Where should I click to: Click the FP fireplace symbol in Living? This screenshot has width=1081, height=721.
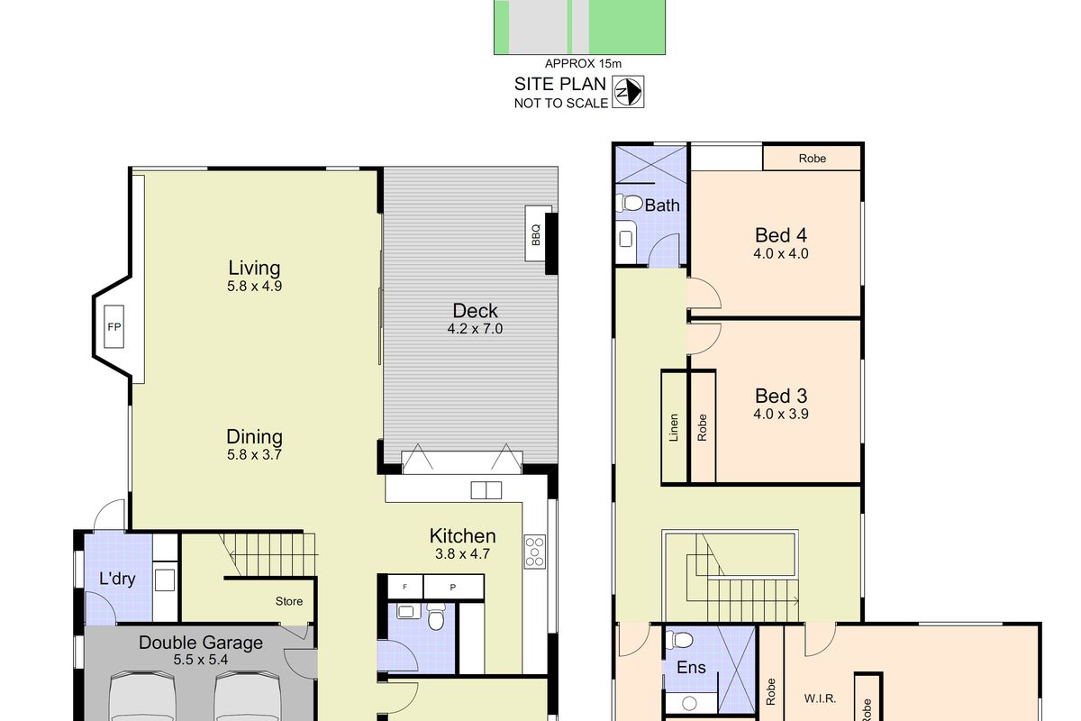(x=114, y=326)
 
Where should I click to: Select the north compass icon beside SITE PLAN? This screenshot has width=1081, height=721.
(x=627, y=90)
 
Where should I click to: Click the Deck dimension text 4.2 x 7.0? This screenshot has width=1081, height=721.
(x=475, y=329)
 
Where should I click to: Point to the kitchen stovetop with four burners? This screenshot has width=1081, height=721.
(x=535, y=551)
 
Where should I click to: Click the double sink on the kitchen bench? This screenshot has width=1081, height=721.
(x=486, y=490)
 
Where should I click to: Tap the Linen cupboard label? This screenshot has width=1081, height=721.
(x=674, y=428)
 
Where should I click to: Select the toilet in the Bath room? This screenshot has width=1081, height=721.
(x=631, y=204)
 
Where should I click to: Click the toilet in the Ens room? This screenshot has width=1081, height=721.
(x=681, y=641)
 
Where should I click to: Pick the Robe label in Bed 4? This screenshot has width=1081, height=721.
(x=812, y=158)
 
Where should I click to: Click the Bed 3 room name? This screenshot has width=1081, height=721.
(x=780, y=396)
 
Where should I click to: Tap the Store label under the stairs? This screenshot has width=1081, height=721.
(x=289, y=601)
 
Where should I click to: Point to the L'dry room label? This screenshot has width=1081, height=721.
(x=117, y=579)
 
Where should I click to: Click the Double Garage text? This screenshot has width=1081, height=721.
(x=201, y=643)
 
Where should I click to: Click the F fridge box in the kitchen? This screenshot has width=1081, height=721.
(x=405, y=587)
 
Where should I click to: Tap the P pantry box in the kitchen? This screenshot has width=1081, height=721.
(x=452, y=587)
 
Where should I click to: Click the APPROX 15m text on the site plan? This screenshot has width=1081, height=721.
(x=583, y=63)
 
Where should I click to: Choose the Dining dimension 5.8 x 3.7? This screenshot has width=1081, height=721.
(x=255, y=455)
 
